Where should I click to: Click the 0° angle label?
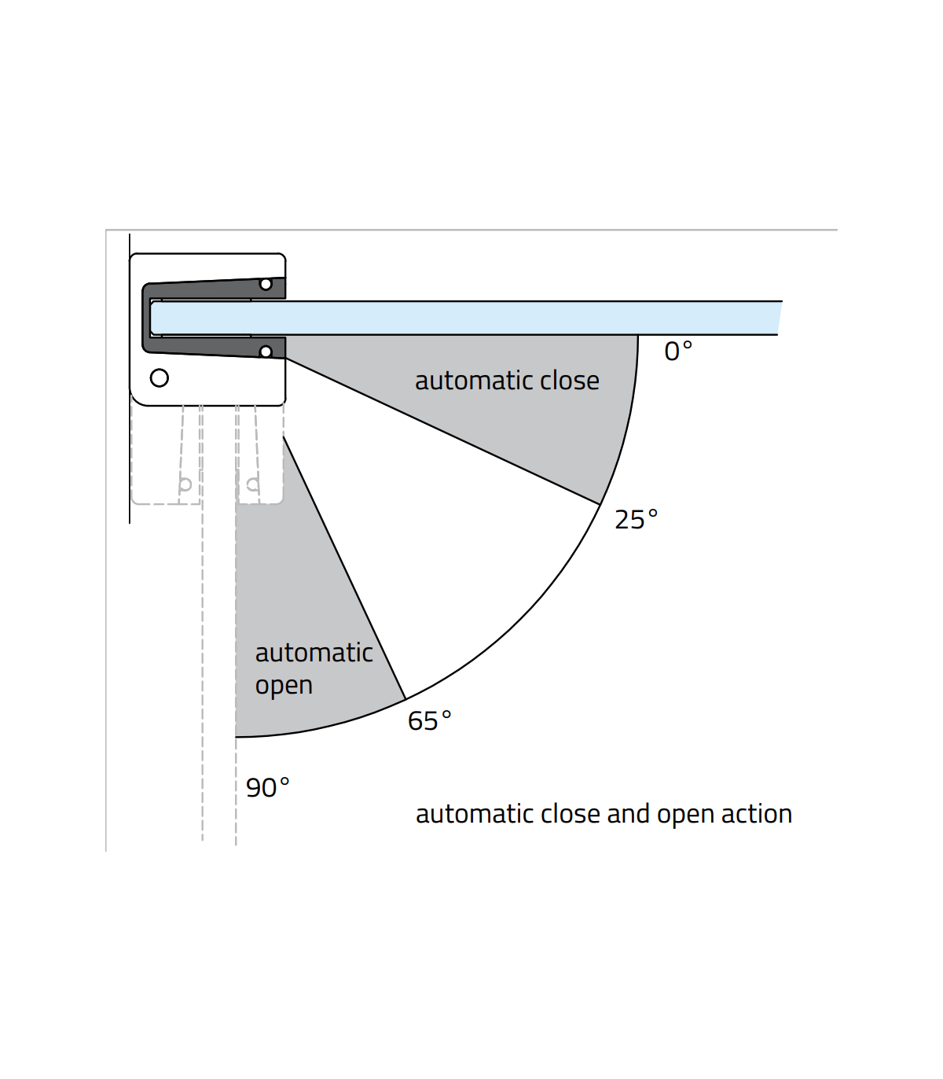[678, 351]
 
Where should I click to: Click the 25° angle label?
[636, 520]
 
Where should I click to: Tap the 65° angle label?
[429, 721]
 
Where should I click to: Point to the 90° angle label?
[267, 787]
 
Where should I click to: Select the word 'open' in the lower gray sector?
[284, 686]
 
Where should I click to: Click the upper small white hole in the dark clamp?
[266, 284]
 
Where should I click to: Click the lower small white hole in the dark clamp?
[266, 352]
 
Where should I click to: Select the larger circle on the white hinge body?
[160, 378]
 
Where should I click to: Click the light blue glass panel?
[472, 318]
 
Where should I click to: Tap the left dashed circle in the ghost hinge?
[185, 484]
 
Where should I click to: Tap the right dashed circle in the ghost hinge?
[252, 484]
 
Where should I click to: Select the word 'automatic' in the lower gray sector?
[314, 653]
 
